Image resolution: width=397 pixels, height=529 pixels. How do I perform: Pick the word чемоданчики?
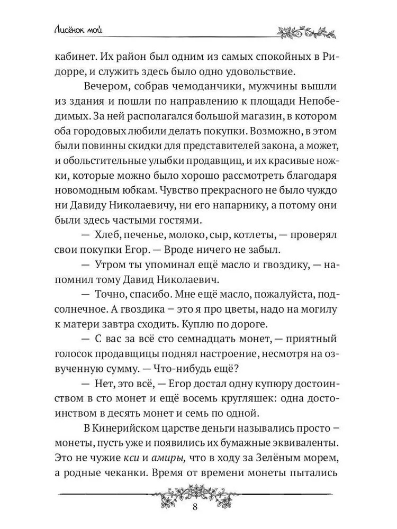coord(207,87)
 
